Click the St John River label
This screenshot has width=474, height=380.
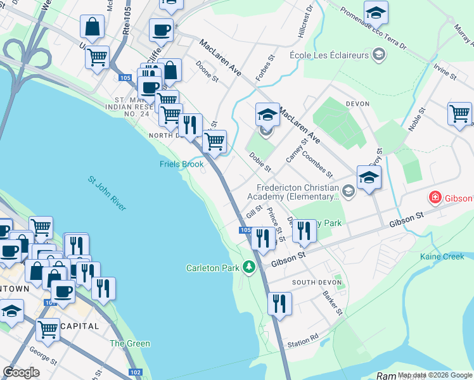[x=107, y=194]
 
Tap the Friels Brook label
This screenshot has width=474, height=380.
[x=181, y=164]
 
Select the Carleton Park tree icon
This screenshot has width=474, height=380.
[x=250, y=267]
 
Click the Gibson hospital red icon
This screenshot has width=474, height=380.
[x=435, y=198]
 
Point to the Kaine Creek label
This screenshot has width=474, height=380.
[x=442, y=256]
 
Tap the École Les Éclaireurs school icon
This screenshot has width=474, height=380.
[x=379, y=55]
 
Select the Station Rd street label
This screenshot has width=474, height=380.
[x=302, y=343]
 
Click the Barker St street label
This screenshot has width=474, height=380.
[x=331, y=303]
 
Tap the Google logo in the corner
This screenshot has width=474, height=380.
[x=21, y=372]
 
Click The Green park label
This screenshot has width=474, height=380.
[x=130, y=343]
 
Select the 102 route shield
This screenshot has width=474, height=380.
[x=134, y=372]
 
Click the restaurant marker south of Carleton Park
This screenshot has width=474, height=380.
[x=279, y=305]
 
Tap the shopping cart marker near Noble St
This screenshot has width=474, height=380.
[x=459, y=114]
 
